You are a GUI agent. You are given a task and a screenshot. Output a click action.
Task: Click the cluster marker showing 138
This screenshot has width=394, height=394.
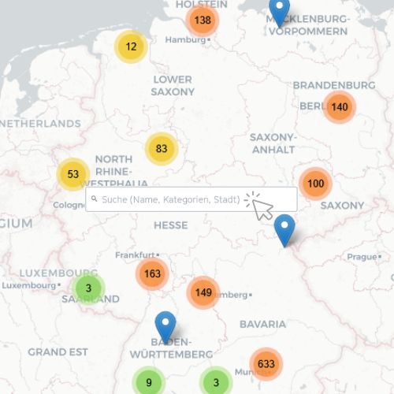point(203,20)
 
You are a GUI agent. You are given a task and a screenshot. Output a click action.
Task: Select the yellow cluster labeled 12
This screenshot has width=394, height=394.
point(131,46)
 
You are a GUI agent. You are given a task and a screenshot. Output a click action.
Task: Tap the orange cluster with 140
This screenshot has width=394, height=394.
point(339,107)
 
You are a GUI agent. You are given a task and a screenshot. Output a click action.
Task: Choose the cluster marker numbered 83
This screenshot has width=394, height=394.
point(162,148)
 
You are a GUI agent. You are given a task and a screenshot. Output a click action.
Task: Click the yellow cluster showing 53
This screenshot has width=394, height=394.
point(73,174)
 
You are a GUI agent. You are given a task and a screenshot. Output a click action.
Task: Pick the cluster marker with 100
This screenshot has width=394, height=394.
point(315,184)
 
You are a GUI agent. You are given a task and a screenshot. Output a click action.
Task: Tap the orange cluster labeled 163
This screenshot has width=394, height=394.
point(152,274)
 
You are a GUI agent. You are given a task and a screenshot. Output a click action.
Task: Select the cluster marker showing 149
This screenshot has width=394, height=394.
point(203,292)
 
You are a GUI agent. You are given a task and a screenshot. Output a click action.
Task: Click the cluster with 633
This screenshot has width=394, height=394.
point(266,363)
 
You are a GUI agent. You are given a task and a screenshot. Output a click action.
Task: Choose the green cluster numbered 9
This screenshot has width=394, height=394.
point(149,384)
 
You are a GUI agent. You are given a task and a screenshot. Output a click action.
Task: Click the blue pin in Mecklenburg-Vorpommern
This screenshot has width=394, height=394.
point(279,12)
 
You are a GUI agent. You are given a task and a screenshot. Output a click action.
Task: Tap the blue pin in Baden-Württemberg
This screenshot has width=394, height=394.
point(165,326)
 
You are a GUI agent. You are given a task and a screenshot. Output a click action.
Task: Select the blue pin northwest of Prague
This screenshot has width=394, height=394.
point(284,229)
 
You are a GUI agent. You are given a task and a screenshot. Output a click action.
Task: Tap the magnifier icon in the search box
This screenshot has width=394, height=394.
point(94,200)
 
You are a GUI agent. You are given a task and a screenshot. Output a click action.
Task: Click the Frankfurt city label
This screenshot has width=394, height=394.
point(132,255)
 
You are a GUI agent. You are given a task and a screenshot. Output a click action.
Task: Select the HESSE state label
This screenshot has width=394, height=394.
point(170,225)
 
